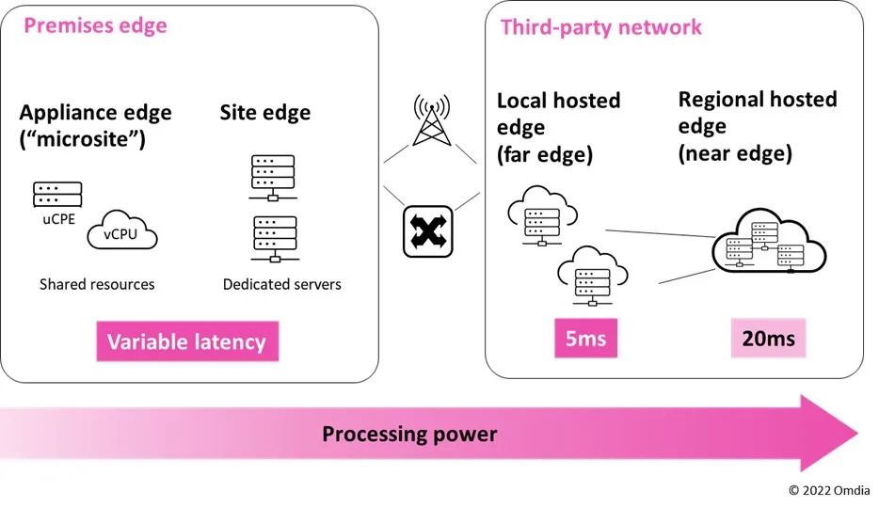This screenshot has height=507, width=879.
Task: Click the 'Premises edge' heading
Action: (95, 25)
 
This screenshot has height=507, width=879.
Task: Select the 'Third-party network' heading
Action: (600, 26)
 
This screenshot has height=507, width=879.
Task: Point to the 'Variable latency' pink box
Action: (185, 341)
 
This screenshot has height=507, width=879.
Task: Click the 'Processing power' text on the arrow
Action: (409, 434)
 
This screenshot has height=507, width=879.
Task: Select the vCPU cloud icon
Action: (121, 231)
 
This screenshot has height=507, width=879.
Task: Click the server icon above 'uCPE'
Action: (57, 195)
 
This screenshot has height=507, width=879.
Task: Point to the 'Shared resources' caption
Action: (97, 284)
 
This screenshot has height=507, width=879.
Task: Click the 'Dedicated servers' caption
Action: (282, 284)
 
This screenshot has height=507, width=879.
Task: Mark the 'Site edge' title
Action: (265, 113)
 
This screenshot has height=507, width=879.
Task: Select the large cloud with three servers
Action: (768, 243)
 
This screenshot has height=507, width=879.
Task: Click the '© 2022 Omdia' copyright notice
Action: (827, 490)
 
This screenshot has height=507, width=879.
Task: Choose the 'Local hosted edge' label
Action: (558, 127)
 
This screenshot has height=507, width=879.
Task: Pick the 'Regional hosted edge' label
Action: (758, 125)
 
